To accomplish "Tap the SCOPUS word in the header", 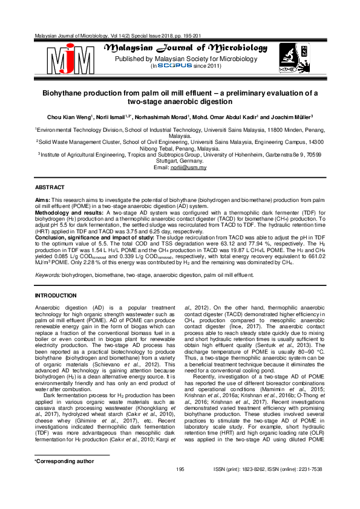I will point(174,66).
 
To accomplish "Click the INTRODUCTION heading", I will point(56,295).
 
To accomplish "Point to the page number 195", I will point(180,486).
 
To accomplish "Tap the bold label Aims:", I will point(42,199).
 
